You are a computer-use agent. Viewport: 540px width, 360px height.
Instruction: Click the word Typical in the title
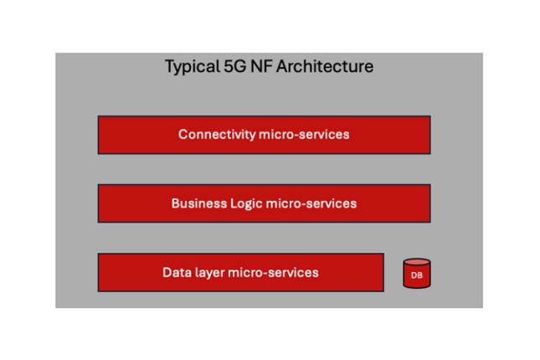pyautogui.click(x=193, y=66)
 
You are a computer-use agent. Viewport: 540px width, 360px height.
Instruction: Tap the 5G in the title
pyautogui.click(x=235, y=66)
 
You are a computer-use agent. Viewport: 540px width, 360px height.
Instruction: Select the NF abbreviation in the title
pyautogui.click(x=261, y=66)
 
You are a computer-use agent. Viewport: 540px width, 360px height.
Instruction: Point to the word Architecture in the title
pyautogui.click(x=325, y=66)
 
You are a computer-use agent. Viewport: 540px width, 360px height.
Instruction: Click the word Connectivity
pyautogui.click(x=217, y=134)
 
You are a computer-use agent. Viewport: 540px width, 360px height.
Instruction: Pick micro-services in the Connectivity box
pyautogui.click(x=304, y=134)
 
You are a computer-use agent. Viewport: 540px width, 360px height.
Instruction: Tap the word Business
pyautogui.click(x=199, y=203)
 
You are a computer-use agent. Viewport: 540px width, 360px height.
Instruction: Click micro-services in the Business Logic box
pyautogui.click(x=311, y=203)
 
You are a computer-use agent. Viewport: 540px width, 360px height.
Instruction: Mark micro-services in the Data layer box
pyautogui.click(x=273, y=272)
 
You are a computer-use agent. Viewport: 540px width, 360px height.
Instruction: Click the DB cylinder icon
pyautogui.click(x=417, y=274)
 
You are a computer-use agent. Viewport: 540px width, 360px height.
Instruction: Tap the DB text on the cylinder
pyautogui.click(x=417, y=275)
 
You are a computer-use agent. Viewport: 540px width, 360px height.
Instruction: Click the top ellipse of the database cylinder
pyautogui.click(x=417, y=263)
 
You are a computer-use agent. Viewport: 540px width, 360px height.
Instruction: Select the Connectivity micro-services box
pyautogui.click(x=265, y=135)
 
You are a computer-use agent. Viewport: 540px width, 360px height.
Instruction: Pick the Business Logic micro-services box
pyautogui.click(x=265, y=203)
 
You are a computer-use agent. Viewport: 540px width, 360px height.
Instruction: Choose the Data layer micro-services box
pyautogui.click(x=241, y=272)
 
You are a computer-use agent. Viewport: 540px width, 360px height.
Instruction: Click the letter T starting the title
pyautogui.click(x=169, y=66)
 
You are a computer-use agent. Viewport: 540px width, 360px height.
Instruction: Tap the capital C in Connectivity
pyautogui.click(x=183, y=134)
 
